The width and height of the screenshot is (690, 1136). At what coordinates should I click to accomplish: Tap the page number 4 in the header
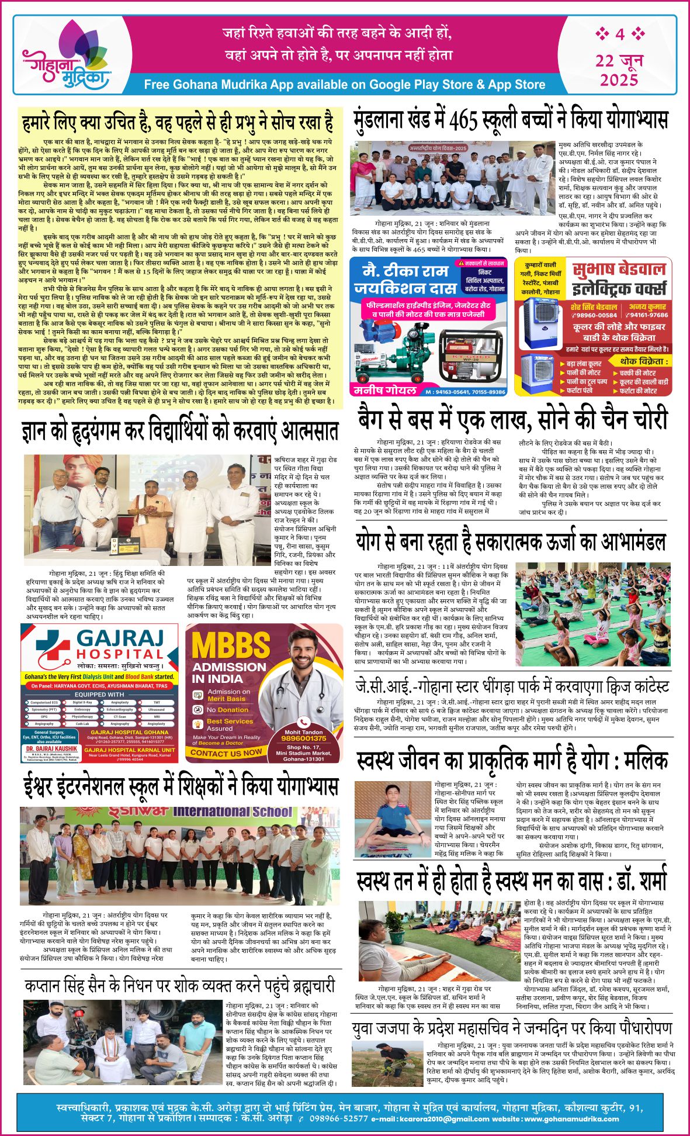coord(619,34)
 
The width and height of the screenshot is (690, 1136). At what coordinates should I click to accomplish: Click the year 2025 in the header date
coord(619,79)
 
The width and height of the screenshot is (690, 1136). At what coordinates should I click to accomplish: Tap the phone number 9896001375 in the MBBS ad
coord(303,738)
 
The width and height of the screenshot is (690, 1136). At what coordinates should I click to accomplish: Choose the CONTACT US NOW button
coord(226,753)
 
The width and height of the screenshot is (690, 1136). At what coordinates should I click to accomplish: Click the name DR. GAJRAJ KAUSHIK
coord(51,748)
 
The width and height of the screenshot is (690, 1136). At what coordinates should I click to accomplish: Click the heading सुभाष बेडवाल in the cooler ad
coord(619,270)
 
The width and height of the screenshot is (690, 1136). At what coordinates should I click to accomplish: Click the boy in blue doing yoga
coord(393,814)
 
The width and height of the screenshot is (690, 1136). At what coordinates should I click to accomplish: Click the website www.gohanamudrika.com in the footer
coord(571,1119)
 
